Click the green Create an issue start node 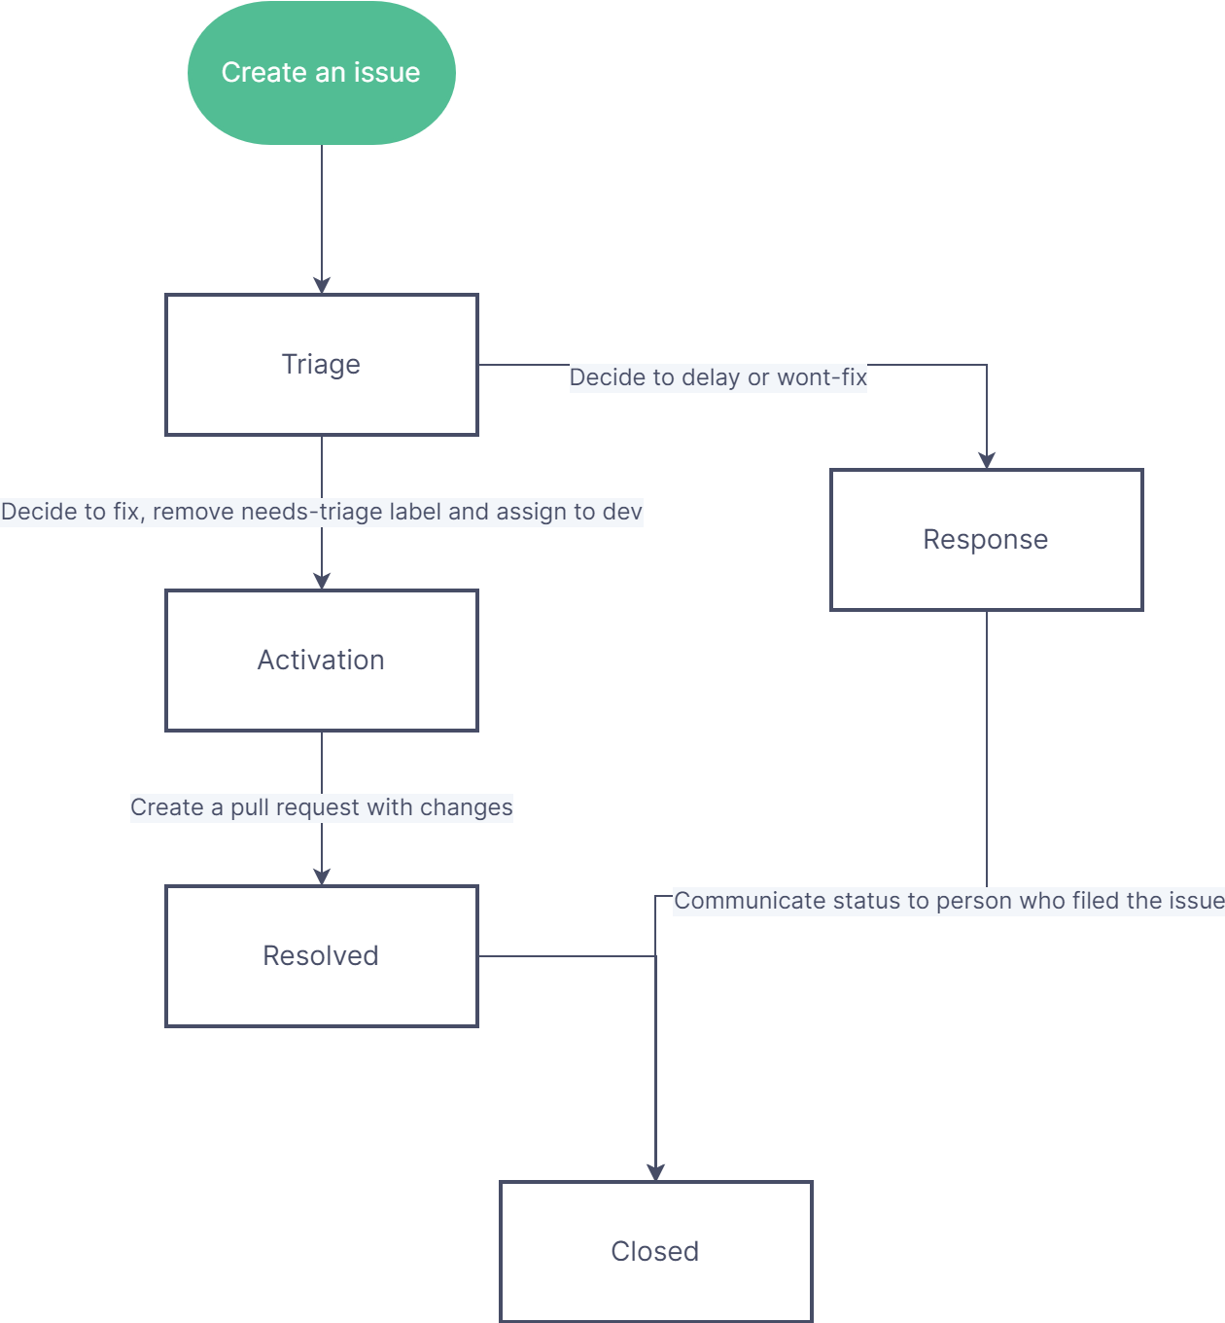(321, 73)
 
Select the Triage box (321, 365)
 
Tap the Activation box (321, 661)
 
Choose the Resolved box (321, 956)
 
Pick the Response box (986, 540)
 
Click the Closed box (655, 1251)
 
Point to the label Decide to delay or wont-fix (717, 377)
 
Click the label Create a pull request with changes (321, 807)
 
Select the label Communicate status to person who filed (948, 901)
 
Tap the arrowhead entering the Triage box (322, 285)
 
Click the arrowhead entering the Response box (987, 460)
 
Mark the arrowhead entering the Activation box (322, 581)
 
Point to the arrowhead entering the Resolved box (322, 876)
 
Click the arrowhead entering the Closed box (655, 1172)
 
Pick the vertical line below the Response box (987, 739)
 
